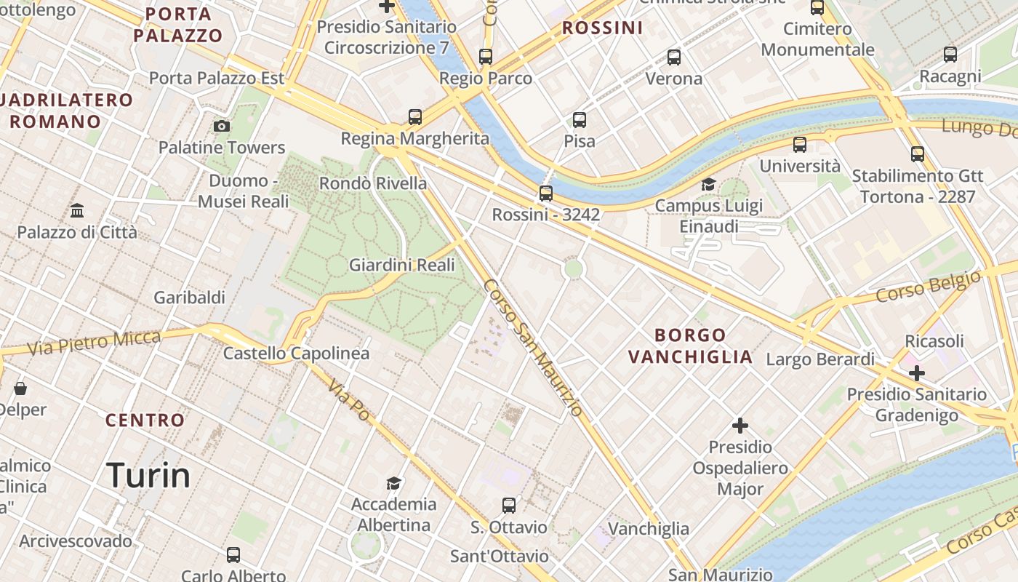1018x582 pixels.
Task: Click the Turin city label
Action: click(x=148, y=476)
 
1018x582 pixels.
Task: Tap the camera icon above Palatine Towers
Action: click(x=222, y=127)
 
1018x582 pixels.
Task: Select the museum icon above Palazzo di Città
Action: click(x=77, y=211)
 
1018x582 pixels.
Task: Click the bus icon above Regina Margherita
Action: click(x=415, y=116)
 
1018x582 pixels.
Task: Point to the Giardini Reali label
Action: click(x=402, y=265)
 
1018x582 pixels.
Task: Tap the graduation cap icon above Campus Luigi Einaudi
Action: click(x=708, y=185)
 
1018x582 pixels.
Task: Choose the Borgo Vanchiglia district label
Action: click(x=690, y=346)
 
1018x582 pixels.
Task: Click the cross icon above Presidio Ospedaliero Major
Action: click(x=740, y=425)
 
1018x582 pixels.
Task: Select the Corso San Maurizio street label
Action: click(x=533, y=348)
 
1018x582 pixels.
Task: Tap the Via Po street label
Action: click(x=348, y=399)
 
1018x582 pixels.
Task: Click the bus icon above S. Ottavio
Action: click(x=509, y=505)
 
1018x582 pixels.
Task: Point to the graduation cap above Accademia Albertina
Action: click(x=393, y=483)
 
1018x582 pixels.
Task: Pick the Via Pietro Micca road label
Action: click(x=94, y=343)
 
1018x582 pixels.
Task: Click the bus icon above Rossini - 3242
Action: click(x=545, y=194)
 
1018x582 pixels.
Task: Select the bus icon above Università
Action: click(x=800, y=145)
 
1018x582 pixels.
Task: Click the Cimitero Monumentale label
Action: click(x=817, y=39)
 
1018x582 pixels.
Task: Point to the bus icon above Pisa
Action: click(x=580, y=120)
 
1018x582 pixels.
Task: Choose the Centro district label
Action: click(x=145, y=420)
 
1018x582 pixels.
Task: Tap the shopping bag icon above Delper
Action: click(x=20, y=388)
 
